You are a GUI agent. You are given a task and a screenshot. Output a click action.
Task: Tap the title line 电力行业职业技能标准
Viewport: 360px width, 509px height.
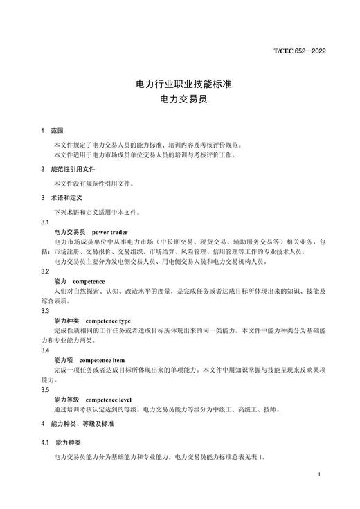(179, 84)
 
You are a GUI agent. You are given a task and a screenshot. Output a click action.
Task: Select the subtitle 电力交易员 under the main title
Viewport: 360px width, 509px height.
(179, 99)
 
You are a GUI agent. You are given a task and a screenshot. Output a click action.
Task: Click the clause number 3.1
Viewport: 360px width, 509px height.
(46, 222)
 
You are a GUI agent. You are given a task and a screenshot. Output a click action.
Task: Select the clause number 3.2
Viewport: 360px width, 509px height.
(46, 272)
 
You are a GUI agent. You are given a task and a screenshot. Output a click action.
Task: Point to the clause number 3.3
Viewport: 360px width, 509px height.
(46, 312)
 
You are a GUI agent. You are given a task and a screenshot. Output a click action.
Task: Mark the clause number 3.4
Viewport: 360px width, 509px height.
(46, 352)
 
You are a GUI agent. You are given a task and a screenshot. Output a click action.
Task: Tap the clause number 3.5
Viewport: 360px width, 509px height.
(46, 391)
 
